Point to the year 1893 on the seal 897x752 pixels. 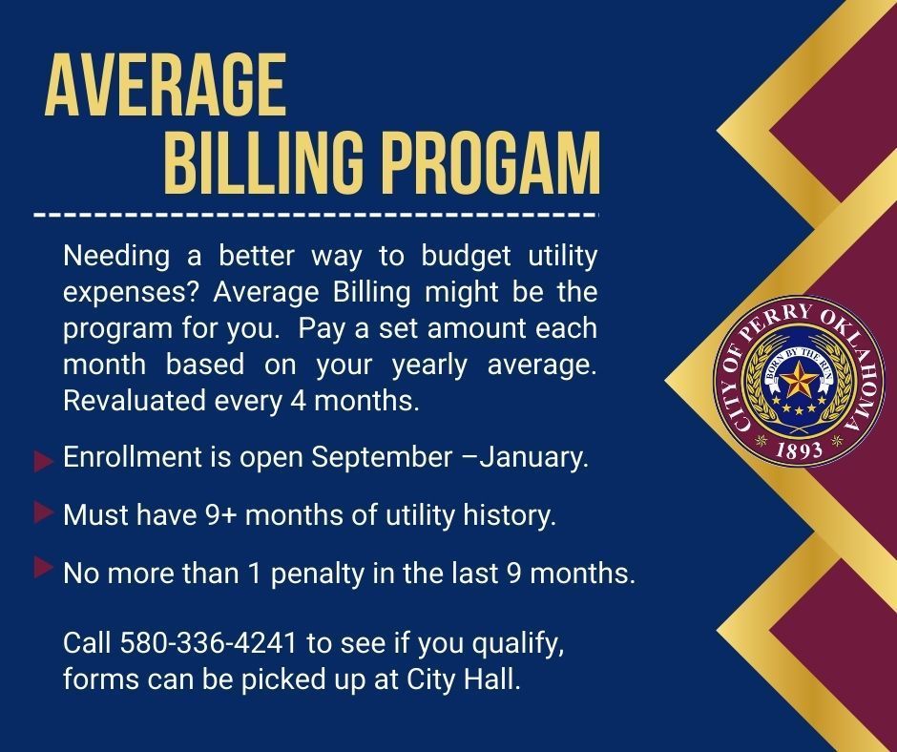click(800, 451)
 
